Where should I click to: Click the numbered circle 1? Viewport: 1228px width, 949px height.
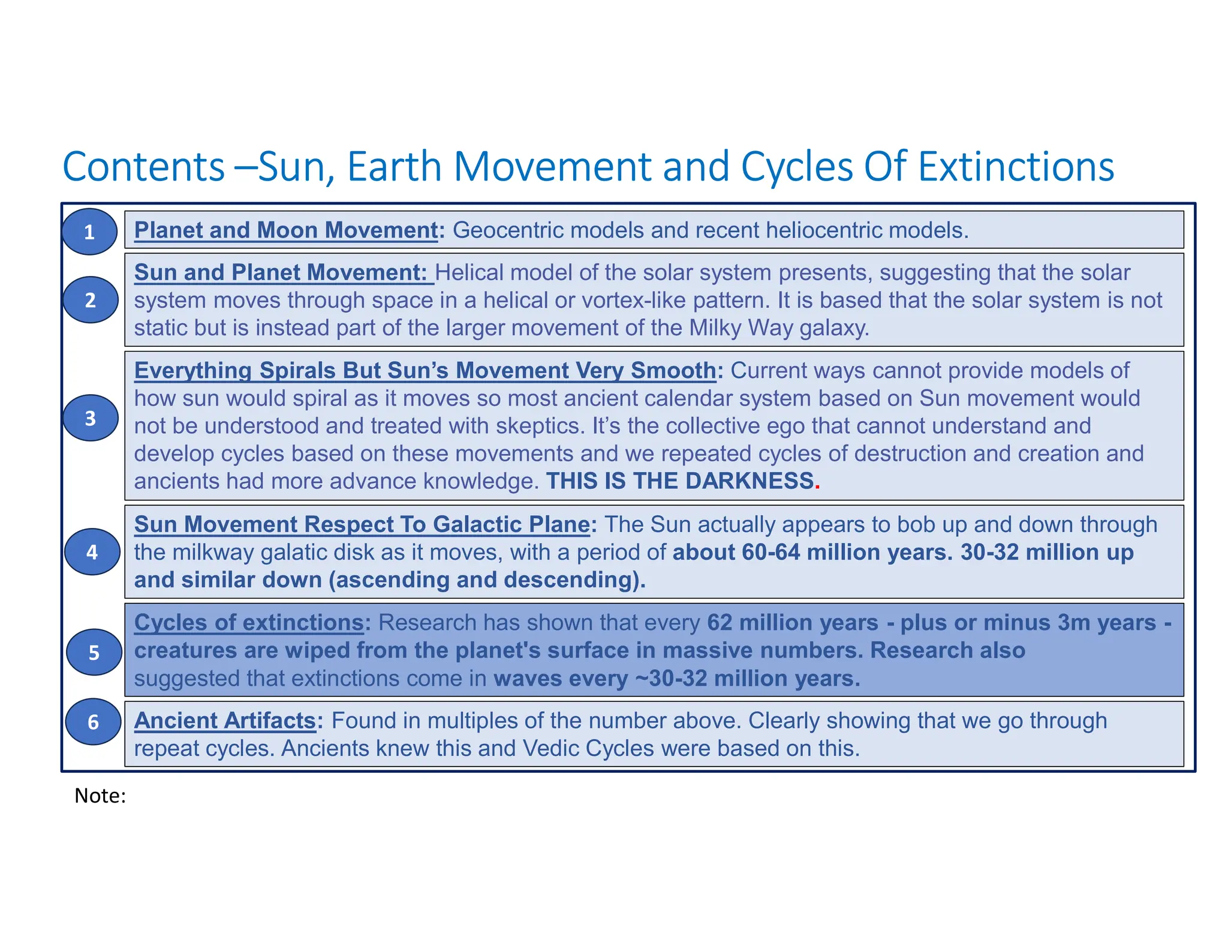(89, 232)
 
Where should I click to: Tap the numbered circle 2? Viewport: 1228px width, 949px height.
(90, 299)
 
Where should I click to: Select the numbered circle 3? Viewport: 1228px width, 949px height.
(91, 418)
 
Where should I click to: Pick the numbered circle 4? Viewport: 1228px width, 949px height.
(92, 551)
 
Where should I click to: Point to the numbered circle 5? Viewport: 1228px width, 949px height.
(94, 652)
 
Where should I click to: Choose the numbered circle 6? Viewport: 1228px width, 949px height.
(93, 722)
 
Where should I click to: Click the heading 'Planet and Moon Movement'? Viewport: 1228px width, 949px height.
(286, 230)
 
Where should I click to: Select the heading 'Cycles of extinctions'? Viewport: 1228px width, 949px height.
(249, 623)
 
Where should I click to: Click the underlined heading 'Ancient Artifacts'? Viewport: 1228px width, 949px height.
(225, 720)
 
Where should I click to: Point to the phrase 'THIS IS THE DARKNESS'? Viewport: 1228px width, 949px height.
(680, 481)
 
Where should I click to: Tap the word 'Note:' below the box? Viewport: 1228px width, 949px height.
(100, 795)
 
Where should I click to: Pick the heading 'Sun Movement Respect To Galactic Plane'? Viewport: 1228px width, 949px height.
(362, 524)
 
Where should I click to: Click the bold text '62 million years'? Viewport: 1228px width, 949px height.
(793, 623)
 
